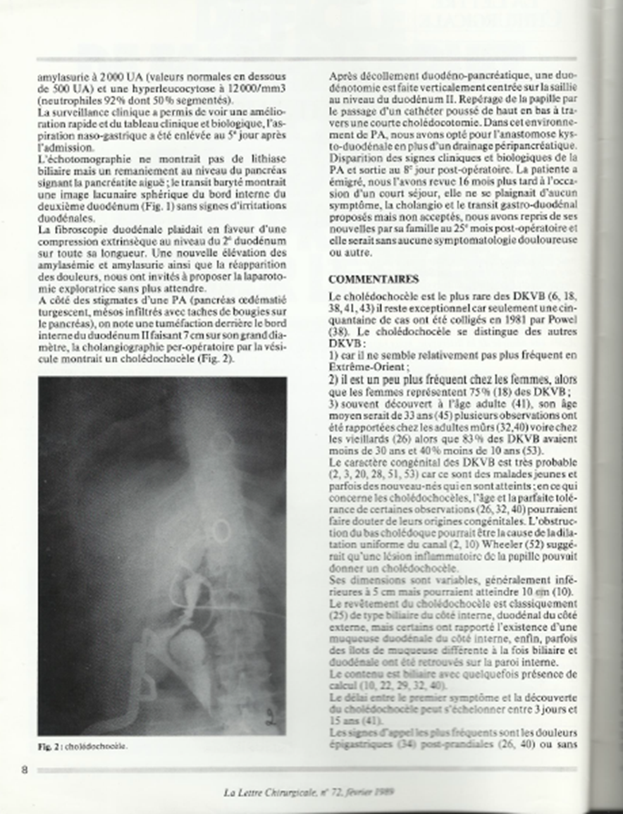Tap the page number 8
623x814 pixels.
(25, 769)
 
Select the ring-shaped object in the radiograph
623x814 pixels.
(219, 528)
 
